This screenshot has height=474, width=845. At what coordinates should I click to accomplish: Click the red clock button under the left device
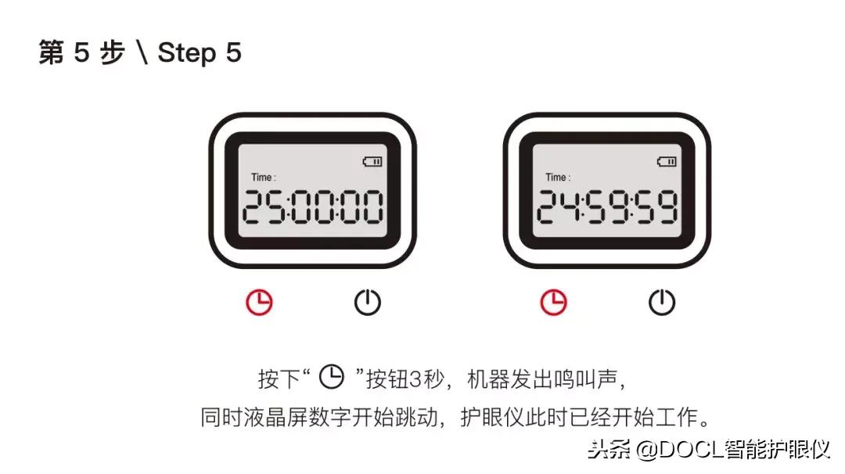pyautogui.click(x=259, y=302)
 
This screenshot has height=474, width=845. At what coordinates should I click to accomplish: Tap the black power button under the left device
pyautogui.click(x=368, y=302)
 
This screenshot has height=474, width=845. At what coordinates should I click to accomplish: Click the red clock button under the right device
pyautogui.click(x=554, y=302)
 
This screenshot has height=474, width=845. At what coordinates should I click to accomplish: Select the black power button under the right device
pyautogui.click(x=662, y=302)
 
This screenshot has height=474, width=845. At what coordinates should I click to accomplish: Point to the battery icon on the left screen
pyautogui.click(x=372, y=162)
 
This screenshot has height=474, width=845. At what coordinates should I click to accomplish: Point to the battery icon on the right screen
pyautogui.click(x=667, y=162)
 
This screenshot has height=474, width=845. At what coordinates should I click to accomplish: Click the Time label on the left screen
pyautogui.click(x=263, y=178)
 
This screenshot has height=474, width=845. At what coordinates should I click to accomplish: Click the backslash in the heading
pyautogui.click(x=142, y=53)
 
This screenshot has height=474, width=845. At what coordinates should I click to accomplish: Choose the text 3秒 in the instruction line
pyautogui.click(x=428, y=379)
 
